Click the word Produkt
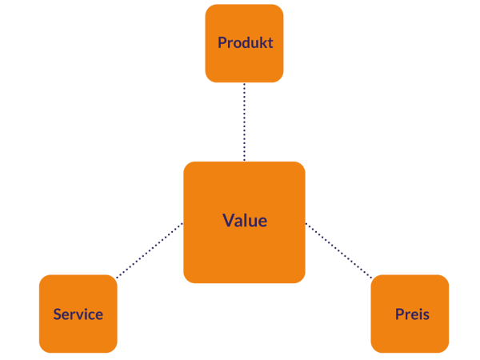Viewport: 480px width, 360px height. pos(245,42)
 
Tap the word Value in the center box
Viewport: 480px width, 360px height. pos(245,221)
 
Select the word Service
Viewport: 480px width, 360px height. pos(78,314)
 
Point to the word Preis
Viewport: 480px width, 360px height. pos(412,314)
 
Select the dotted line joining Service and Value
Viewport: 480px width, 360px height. pos(150,251)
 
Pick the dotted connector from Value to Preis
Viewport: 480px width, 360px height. pos(339,250)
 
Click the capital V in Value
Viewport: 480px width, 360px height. pos(228,221)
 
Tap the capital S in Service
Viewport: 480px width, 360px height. pos(58,314)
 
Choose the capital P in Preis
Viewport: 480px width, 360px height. pos(399,314)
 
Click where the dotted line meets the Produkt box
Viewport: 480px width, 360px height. pos(245,84)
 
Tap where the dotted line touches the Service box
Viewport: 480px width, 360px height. pos(115,278)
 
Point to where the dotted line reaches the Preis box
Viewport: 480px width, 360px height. pos(373,277)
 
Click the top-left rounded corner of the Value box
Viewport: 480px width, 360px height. pos(186,165)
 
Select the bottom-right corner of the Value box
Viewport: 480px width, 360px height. pos(302,280)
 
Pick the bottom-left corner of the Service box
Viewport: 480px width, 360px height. pos(42,350)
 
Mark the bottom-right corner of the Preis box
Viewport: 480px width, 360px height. pos(446,350)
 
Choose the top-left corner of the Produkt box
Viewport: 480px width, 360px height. pos(209,8)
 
